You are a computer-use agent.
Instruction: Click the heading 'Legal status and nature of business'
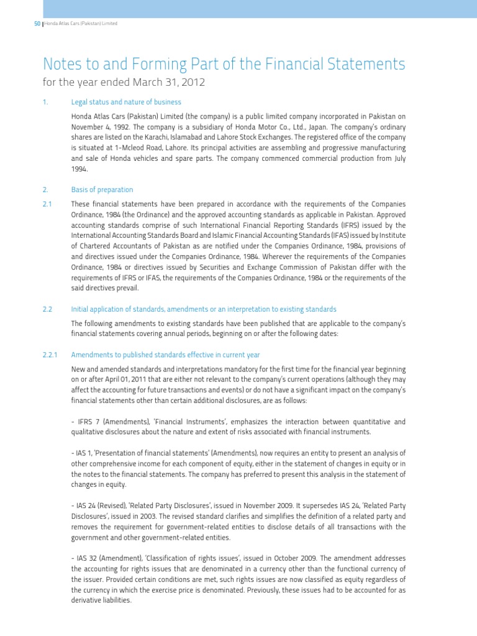coord(126,102)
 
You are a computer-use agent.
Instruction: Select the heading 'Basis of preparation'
coord(102,189)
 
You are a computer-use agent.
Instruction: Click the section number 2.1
coord(47,204)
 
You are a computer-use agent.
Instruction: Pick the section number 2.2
coord(47,309)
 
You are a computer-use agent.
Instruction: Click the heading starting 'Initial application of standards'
coord(204,309)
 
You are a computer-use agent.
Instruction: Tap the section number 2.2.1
coord(50,355)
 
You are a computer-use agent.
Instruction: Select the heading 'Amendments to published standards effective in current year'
coord(165,355)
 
